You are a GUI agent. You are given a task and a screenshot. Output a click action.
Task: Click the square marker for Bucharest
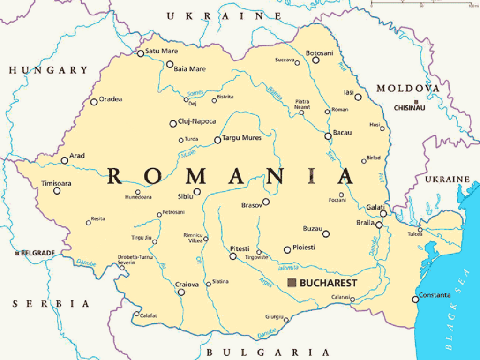292,282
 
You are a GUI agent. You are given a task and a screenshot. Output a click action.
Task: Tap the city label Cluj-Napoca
197,121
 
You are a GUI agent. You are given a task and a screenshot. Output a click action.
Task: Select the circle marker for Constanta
415,299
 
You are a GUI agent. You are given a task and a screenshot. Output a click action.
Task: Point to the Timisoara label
56,183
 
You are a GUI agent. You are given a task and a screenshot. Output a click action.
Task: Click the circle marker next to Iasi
358,97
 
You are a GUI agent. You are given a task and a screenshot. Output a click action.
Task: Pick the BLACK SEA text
457,309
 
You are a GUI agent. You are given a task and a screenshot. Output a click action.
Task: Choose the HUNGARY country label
48,70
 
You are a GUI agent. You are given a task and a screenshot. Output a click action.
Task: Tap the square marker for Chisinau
416,102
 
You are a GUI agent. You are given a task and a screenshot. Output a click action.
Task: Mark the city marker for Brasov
266,202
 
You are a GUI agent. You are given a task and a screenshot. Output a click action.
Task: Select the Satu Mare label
161,51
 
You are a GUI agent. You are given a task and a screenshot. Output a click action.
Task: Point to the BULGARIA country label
268,352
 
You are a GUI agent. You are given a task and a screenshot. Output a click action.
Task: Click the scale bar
422,4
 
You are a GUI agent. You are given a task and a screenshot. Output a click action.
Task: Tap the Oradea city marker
94,102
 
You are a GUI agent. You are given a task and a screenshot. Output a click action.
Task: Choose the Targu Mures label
242,138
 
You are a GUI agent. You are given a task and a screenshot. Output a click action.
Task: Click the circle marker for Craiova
181,292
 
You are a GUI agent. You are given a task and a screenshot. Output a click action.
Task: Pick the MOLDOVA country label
408,88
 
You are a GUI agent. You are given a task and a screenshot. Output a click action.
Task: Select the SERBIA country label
51,304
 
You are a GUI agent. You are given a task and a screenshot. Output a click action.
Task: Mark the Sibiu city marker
197,191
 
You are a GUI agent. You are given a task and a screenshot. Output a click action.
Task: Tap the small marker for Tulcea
420,230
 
